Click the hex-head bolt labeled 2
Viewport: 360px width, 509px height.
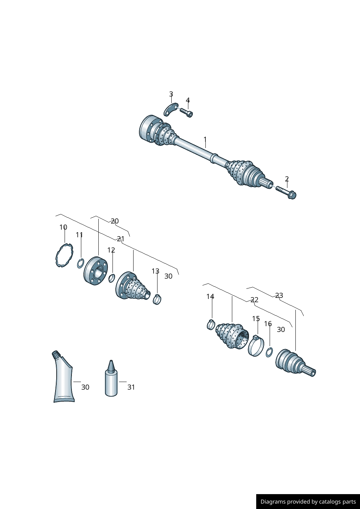tap(286, 192)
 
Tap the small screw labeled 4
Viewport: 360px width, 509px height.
tap(187, 113)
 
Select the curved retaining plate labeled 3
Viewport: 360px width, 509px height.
tap(171, 110)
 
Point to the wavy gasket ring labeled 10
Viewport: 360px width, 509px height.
tap(65, 255)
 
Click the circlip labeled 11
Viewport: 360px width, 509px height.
tap(81, 263)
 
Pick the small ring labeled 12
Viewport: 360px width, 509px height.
tap(111, 278)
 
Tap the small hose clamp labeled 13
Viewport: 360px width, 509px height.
tap(157, 299)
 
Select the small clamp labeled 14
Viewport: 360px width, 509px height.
tap(211, 324)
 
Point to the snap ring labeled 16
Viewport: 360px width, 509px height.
tap(269, 352)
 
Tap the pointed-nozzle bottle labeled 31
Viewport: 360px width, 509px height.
tap(111, 378)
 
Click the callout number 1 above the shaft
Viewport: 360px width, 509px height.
tap(205, 139)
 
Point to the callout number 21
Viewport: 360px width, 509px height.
tap(121, 239)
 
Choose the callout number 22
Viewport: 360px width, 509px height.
tap(254, 300)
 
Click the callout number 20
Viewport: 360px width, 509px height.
tap(115, 221)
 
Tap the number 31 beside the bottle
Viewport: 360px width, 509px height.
tap(131, 387)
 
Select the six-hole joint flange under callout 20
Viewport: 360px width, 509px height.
tap(96, 271)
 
